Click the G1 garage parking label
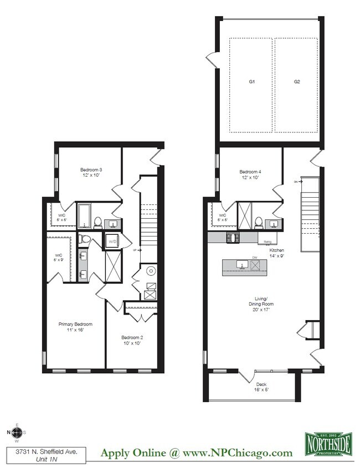251,82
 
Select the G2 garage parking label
297,82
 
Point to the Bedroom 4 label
250,174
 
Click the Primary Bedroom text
75,327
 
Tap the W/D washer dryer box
112,241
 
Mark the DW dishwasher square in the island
255,265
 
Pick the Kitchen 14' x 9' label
276,253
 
